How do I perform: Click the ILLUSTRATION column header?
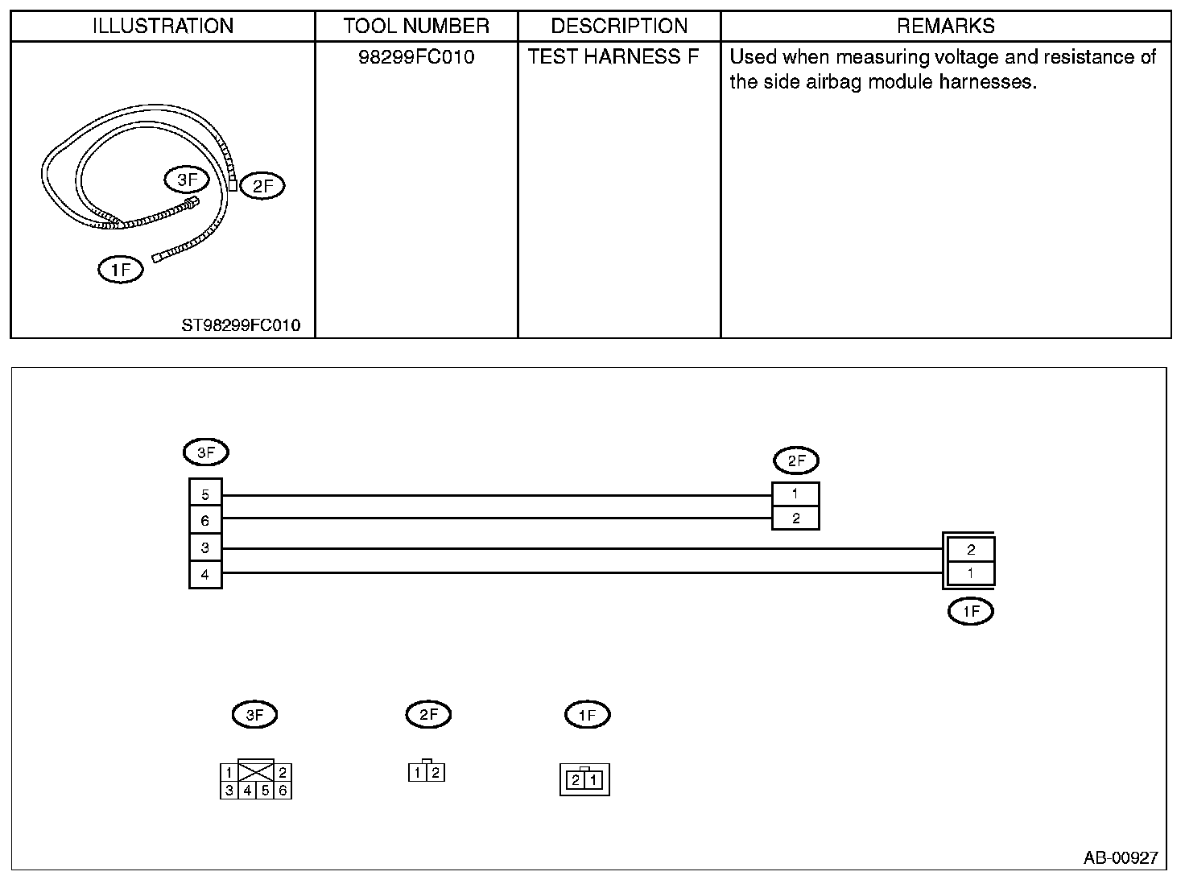(x=163, y=27)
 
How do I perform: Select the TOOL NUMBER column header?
(x=416, y=27)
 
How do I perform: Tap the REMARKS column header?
(x=945, y=27)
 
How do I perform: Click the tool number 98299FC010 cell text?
(x=416, y=57)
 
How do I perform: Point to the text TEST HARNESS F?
(x=613, y=57)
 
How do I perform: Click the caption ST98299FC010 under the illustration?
(x=241, y=325)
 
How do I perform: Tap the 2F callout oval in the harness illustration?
(x=262, y=186)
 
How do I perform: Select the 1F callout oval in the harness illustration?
(x=120, y=270)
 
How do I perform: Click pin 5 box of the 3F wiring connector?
(x=205, y=494)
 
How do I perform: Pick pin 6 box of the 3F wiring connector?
(x=205, y=521)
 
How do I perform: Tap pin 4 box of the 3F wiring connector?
(x=205, y=575)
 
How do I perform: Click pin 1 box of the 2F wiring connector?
(x=795, y=494)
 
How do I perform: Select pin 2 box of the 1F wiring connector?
(x=970, y=550)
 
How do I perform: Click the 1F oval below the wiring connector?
(x=970, y=612)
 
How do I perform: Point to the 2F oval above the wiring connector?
(x=795, y=461)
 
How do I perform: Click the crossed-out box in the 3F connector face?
(x=257, y=771)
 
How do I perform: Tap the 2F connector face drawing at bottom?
(x=427, y=772)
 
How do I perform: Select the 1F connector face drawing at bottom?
(x=584, y=779)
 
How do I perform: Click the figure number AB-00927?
(x=1120, y=858)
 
